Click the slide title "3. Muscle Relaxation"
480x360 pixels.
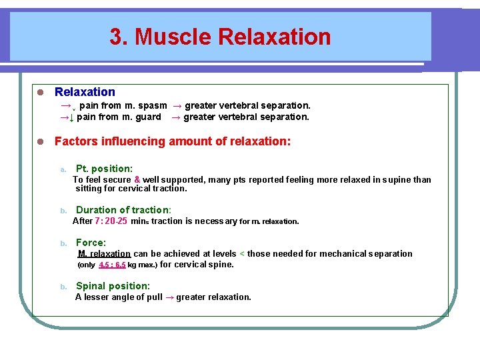pos(220,37)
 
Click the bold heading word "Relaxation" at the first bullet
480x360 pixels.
pos(85,92)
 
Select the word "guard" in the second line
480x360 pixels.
pos(148,117)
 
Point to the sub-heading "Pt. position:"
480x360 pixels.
pos(104,169)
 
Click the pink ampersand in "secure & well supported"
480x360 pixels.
pos(137,179)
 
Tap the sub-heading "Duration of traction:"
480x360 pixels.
pos(123,210)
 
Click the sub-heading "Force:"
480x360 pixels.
pos(91,243)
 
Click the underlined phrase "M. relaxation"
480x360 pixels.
pos(104,253)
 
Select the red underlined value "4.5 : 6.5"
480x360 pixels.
pos(112,265)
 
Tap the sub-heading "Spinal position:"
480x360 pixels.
pos(113,286)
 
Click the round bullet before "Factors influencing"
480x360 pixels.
pos(40,142)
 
